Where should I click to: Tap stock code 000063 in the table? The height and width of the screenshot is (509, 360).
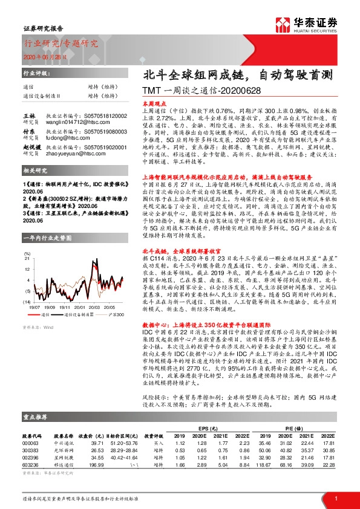30,444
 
